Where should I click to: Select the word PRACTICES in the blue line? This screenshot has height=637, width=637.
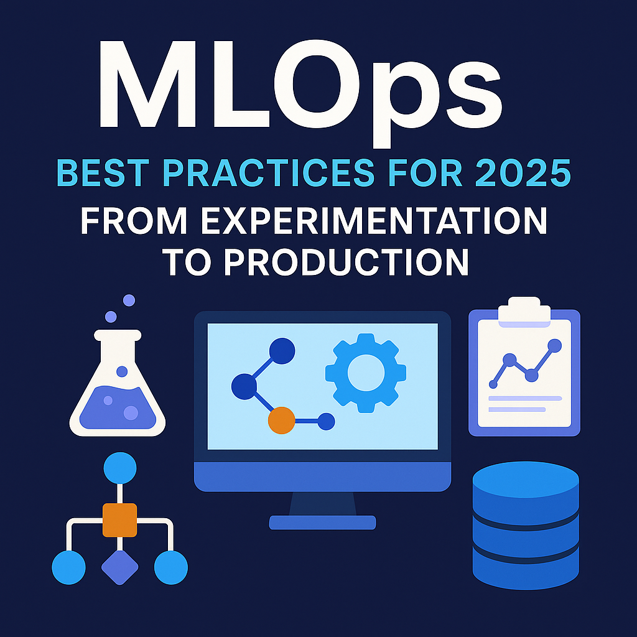pos(268,174)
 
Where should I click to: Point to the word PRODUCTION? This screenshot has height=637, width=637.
pos(346,262)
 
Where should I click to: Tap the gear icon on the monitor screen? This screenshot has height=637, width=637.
pos(366,373)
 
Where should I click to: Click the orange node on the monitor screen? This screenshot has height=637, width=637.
pos(282,421)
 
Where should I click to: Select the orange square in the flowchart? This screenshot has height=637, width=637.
pos(119,520)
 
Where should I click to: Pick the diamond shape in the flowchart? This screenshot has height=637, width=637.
pos(120,567)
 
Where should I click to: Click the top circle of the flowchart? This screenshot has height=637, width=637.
pos(120,468)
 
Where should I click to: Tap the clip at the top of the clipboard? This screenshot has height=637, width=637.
pos(524,311)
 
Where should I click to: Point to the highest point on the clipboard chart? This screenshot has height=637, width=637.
pos(554,346)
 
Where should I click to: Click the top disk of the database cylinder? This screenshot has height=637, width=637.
pos(526,480)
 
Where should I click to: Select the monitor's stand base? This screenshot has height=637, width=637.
pos(323,523)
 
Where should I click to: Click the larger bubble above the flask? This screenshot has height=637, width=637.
pos(129,300)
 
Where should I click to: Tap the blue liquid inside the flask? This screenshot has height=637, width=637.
pos(118,407)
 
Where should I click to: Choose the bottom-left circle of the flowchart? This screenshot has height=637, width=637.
pos(68,567)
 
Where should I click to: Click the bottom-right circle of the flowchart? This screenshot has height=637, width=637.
pos(171,567)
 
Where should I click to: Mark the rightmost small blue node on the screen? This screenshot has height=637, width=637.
pos(326,421)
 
